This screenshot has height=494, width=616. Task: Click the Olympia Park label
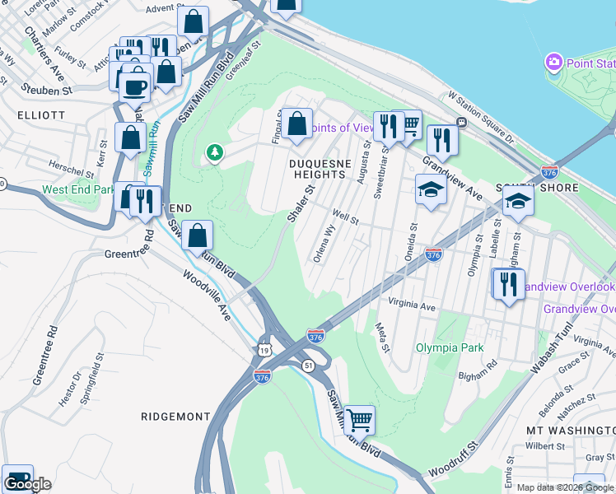pos(450,347)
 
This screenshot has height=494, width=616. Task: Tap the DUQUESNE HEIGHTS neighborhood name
pos(316,168)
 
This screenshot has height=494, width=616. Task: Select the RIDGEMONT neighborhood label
pos(175,417)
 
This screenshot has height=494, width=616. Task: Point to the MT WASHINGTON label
pos(568,430)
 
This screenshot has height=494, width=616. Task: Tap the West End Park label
pos(79,190)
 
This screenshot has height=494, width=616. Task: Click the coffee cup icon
pos(135,86)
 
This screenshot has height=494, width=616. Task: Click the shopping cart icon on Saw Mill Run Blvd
pos(359,420)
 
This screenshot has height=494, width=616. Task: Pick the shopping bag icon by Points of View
pos(296,125)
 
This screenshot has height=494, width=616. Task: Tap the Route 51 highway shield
pos(306,364)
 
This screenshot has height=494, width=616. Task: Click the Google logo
pos(27,484)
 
